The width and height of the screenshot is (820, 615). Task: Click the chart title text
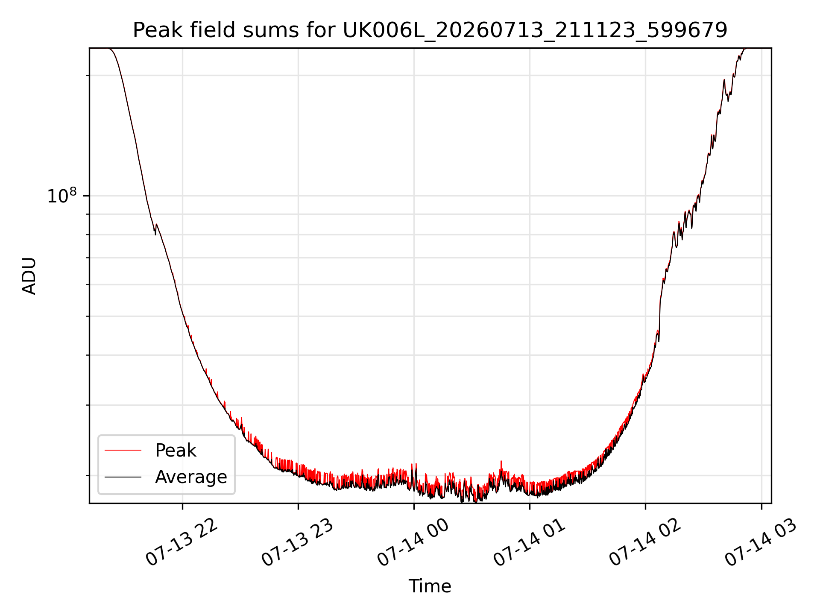tap(430, 30)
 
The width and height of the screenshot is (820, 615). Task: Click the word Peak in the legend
tap(176, 451)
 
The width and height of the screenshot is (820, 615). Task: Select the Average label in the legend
tap(191, 477)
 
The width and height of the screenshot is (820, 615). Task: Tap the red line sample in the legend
tap(123, 450)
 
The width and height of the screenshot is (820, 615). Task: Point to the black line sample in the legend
tap(123, 477)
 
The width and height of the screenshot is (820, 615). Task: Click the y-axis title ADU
tap(29, 276)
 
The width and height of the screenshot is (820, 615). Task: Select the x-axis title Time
tap(430, 586)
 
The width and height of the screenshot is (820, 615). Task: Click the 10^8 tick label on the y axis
tap(62, 196)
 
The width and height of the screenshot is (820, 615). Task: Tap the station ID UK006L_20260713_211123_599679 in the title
tap(535, 30)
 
